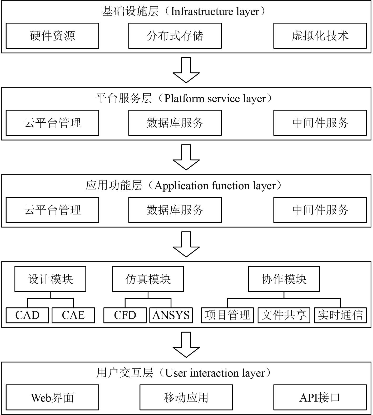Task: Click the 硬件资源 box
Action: click(x=52, y=36)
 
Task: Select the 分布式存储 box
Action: click(x=175, y=36)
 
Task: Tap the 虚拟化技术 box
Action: click(x=320, y=36)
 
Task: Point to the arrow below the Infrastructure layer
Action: click(x=186, y=70)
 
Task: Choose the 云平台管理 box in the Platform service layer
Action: click(x=52, y=123)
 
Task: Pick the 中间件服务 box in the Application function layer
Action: click(x=320, y=210)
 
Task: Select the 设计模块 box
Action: click(x=50, y=279)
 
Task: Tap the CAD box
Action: click(x=27, y=315)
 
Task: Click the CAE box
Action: click(x=73, y=315)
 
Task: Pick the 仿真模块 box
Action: click(x=148, y=279)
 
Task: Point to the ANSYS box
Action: click(x=171, y=315)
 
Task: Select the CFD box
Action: click(x=125, y=315)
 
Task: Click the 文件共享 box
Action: click(x=284, y=315)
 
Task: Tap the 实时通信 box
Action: click(x=340, y=315)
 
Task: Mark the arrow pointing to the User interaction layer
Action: click(x=186, y=345)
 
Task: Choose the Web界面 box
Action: click(x=52, y=397)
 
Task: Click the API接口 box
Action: click(x=320, y=397)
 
